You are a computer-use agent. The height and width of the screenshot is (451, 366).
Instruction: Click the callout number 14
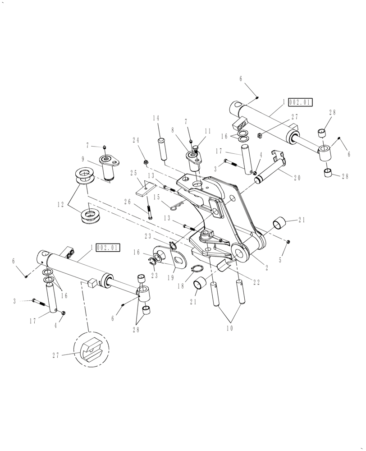tap(156, 118)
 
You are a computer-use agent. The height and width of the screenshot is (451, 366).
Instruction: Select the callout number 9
tap(83, 159)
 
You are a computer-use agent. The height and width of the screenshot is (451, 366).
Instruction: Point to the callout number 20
tap(297, 178)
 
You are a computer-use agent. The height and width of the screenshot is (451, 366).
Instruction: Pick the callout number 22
tap(257, 282)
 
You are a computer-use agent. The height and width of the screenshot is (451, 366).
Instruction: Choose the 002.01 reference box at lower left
tap(108, 248)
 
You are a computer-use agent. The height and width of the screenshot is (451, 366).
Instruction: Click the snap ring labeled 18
tap(197, 270)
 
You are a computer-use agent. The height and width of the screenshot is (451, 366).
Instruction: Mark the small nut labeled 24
tap(146, 161)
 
